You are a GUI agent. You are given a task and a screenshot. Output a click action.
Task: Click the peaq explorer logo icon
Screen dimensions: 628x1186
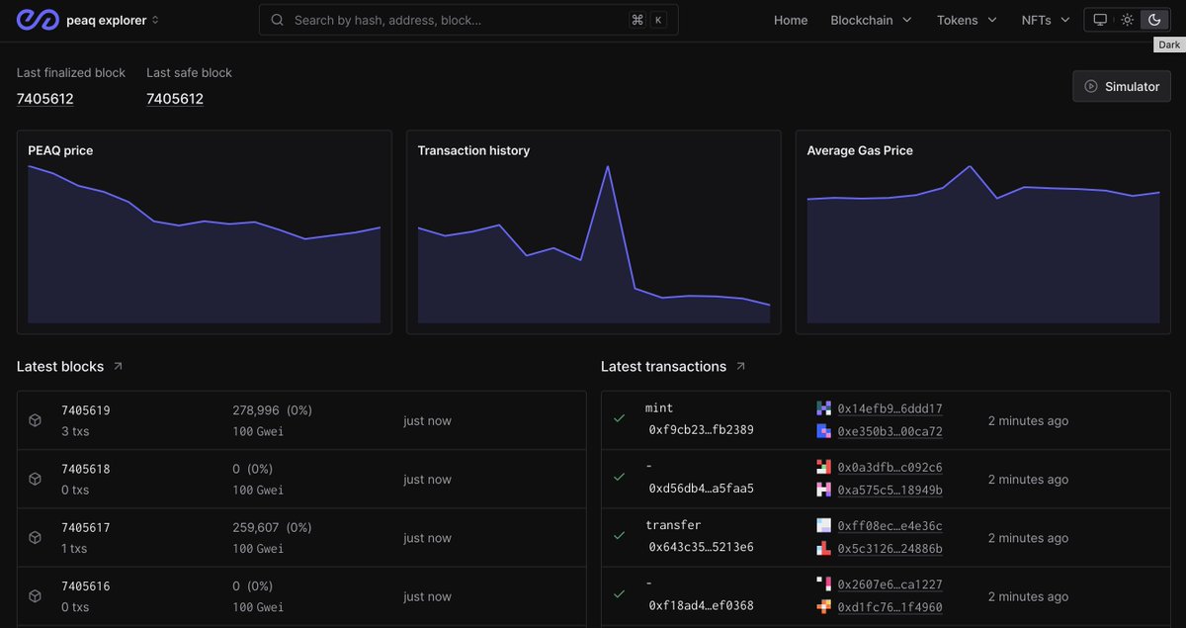point(37,20)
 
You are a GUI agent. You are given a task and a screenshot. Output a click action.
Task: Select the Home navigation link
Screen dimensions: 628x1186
point(791,20)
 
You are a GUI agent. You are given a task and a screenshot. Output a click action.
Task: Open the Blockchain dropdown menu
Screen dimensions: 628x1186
point(871,20)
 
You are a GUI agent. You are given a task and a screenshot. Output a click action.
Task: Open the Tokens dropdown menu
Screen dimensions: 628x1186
point(967,20)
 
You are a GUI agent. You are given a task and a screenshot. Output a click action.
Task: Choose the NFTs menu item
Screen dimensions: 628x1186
point(1046,20)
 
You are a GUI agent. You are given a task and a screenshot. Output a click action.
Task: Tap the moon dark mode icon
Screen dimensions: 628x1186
point(1153,20)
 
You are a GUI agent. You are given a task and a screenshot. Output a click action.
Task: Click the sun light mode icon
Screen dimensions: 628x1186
point(1127,20)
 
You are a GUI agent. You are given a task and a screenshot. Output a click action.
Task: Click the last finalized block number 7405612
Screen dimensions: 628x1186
point(45,99)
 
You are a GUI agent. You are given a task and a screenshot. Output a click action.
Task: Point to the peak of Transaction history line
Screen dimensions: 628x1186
point(607,166)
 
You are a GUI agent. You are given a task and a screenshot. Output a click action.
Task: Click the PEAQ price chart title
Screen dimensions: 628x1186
point(60,150)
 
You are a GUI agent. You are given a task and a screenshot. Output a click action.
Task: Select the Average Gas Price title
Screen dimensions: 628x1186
point(860,150)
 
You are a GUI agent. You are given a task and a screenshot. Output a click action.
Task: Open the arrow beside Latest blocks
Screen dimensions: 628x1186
point(119,366)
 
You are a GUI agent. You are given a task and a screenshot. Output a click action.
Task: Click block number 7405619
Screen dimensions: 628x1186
point(86,409)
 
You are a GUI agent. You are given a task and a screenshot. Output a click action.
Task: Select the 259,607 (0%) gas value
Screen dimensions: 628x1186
point(272,527)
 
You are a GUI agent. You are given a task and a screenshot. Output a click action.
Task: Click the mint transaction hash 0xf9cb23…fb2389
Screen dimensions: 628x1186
point(701,430)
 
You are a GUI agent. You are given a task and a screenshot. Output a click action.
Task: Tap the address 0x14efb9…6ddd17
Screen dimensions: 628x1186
point(889,408)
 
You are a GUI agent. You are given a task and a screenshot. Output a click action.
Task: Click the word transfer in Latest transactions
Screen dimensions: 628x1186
point(673,525)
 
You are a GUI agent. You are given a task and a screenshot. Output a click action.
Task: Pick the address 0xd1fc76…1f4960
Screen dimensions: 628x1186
point(889,607)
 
